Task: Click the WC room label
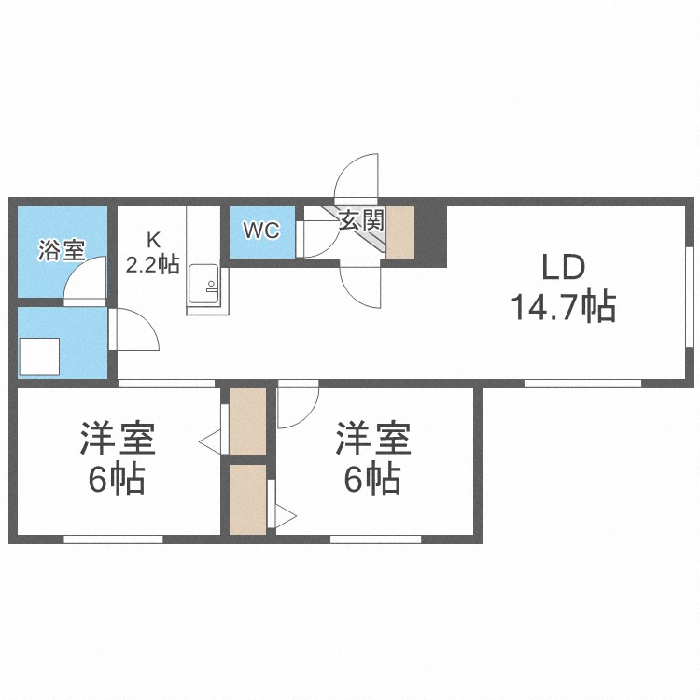[x=261, y=231]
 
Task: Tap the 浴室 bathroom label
[x=62, y=250]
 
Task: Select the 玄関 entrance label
[x=361, y=219]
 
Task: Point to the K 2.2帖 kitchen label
[x=153, y=253]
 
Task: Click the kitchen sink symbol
[x=203, y=284]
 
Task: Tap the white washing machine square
[x=39, y=357]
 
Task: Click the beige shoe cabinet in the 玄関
[x=400, y=231]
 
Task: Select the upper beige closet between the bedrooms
[x=247, y=422]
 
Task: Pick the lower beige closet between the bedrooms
[x=247, y=499]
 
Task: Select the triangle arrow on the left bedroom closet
[x=210, y=442]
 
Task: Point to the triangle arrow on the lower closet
[x=286, y=517]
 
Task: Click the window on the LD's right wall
[x=689, y=296]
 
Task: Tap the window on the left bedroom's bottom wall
[x=113, y=539]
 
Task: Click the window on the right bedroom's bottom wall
[x=376, y=539]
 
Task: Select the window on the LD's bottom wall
[x=582, y=384]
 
